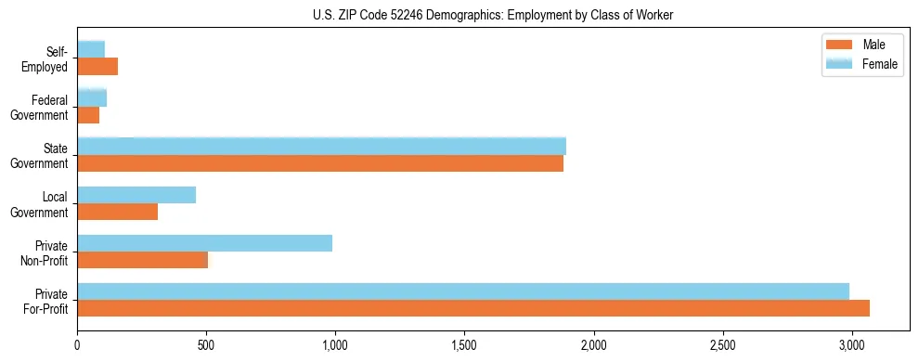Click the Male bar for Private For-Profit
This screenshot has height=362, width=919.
coord(473,308)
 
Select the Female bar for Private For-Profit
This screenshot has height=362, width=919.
coord(463,291)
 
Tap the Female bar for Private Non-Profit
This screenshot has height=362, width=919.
coord(204,243)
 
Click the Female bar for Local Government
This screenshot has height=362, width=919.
coord(136,195)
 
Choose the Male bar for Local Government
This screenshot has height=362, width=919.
coord(117,212)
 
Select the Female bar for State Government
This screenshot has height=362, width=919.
coord(321,147)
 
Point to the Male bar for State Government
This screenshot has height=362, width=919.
coord(320,163)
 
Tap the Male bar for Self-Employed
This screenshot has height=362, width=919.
coord(97,67)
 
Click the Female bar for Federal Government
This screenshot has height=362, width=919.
coord(92,97)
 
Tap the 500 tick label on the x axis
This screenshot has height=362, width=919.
coord(206,345)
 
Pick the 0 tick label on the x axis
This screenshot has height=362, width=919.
coord(77,345)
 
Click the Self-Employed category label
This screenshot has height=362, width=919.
coord(45,59)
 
